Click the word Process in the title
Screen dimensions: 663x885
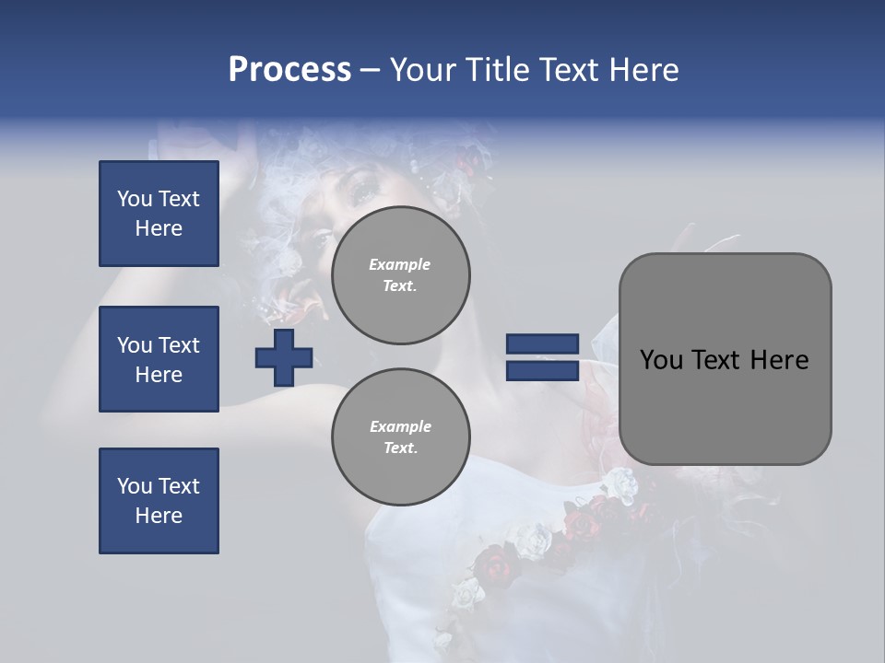[289, 70]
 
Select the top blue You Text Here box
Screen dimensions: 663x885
[159, 214]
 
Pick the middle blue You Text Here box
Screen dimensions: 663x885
[159, 359]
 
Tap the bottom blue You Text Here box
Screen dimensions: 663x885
[159, 501]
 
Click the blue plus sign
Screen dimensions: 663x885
[284, 357]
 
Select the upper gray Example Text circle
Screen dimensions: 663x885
[400, 275]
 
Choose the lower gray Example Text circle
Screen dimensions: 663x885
[400, 437]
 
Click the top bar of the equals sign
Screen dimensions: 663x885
[542, 344]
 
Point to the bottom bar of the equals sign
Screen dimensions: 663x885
[542, 371]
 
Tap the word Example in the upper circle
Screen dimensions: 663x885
[400, 264]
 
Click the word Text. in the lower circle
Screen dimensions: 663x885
[400, 448]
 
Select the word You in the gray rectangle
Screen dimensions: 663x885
[661, 360]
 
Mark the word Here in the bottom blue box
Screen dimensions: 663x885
[159, 516]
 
